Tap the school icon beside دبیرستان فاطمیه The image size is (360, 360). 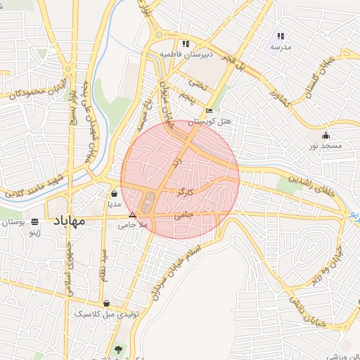pyautogui.click(x=186, y=43)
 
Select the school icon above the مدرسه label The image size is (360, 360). pyautogui.click(x=281, y=35)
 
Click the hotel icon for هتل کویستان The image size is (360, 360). pyautogui.click(x=209, y=111)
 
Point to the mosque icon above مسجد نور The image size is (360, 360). pyautogui.click(x=325, y=135)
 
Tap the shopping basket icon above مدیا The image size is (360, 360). pyautogui.click(x=114, y=193)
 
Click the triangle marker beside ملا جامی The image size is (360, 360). pyautogui.click(x=132, y=215)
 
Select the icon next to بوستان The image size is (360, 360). pyautogui.click(x=35, y=221)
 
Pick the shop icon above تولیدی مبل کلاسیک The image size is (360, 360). pyautogui.click(x=106, y=304)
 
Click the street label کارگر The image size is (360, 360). pyautogui.click(x=185, y=191)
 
